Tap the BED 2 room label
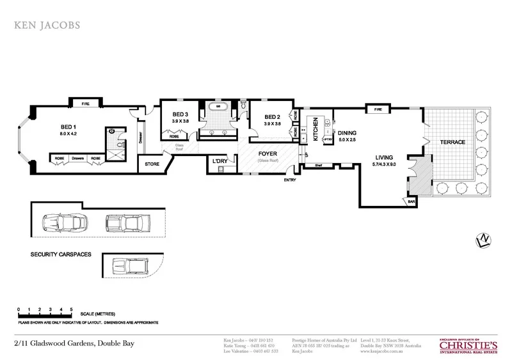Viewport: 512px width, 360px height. pyautogui.click(x=273, y=117)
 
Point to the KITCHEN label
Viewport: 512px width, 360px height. pyautogui.click(x=314, y=129)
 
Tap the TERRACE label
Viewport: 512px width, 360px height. pyautogui.click(x=452, y=141)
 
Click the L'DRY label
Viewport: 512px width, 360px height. pyautogui.click(x=220, y=162)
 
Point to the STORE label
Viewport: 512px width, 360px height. pyautogui.click(x=151, y=164)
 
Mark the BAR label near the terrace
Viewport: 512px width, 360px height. pyautogui.click(x=411, y=202)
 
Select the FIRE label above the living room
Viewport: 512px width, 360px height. pyautogui.click(x=378, y=110)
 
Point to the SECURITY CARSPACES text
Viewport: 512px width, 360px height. pyautogui.click(x=61, y=254)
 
